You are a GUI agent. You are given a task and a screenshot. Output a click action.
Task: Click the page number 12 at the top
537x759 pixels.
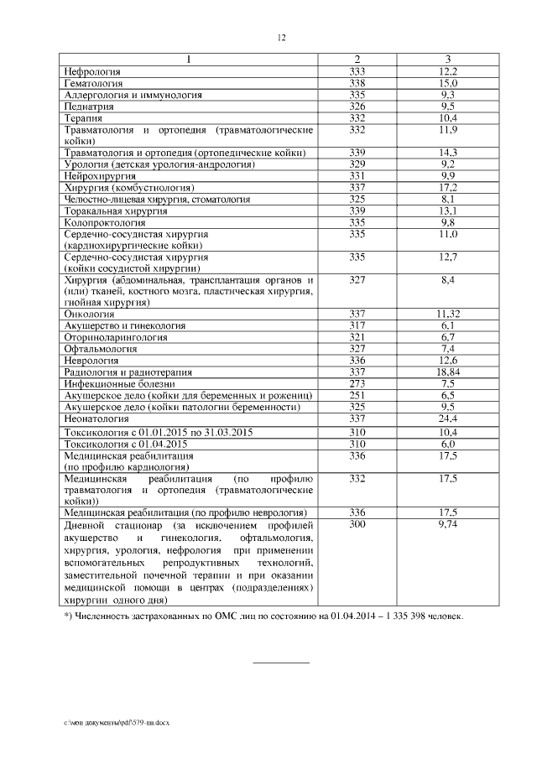[281, 38]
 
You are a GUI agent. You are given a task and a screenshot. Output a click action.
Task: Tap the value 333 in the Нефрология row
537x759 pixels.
[357, 72]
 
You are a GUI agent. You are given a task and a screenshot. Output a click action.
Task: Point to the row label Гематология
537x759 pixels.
[94, 84]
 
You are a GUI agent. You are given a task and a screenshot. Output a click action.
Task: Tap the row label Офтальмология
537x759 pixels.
[102, 347]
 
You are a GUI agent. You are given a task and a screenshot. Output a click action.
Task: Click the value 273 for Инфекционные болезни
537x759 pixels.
[357, 382]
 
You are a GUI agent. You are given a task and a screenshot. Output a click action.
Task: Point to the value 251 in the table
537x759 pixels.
[357, 394]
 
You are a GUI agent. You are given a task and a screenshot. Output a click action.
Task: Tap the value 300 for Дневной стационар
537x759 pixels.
[357, 522]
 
